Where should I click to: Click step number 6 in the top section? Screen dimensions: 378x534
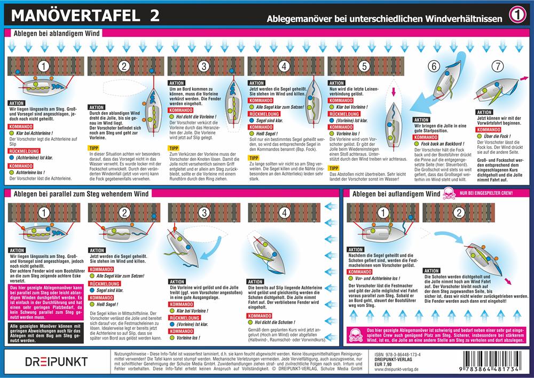point(433,67)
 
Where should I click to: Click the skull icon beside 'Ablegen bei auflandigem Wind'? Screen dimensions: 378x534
point(447,195)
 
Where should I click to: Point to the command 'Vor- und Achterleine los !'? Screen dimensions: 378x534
point(380,278)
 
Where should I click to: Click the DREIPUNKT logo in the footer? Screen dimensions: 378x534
point(49,362)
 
